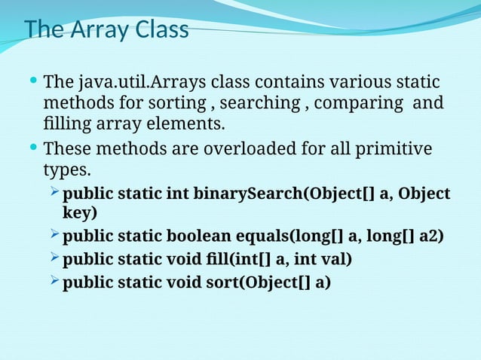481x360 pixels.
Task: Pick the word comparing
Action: point(357,102)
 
